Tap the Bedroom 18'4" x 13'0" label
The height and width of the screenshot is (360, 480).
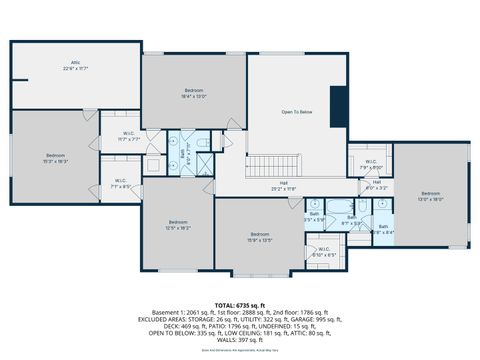point(193,93)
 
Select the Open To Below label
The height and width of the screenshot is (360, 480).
point(297,112)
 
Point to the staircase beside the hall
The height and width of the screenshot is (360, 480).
point(265,165)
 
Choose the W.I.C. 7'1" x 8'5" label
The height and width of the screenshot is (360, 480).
point(120,183)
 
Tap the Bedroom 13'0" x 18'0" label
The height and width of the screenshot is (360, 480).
point(430,196)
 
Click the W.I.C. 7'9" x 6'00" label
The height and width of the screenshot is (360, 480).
point(370,164)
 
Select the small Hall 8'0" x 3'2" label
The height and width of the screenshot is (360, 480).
point(377,184)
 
